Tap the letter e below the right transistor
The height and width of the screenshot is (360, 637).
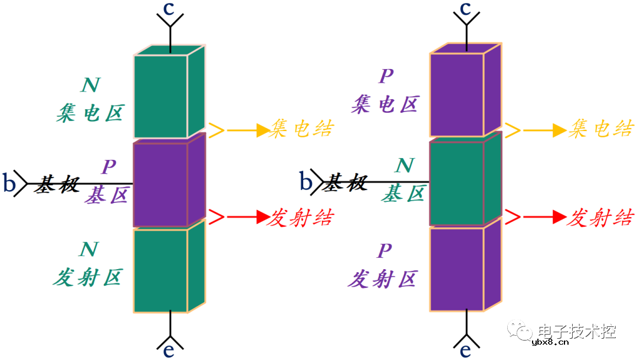(x=465, y=350)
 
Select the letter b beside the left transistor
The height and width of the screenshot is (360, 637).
(x=9, y=183)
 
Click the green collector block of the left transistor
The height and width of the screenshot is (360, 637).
(x=161, y=96)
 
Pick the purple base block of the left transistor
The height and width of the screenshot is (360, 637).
(x=160, y=184)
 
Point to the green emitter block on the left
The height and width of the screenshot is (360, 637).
(x=160, y=270)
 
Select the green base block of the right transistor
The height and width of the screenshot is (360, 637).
(x=457, y=183)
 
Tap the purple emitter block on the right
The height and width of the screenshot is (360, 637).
(x=457, y=269)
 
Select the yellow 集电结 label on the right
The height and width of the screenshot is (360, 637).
(x=600, y=129)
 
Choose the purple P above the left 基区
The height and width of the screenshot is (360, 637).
(x=108, y=168)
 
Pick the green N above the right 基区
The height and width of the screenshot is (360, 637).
(x=404, y=166)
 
